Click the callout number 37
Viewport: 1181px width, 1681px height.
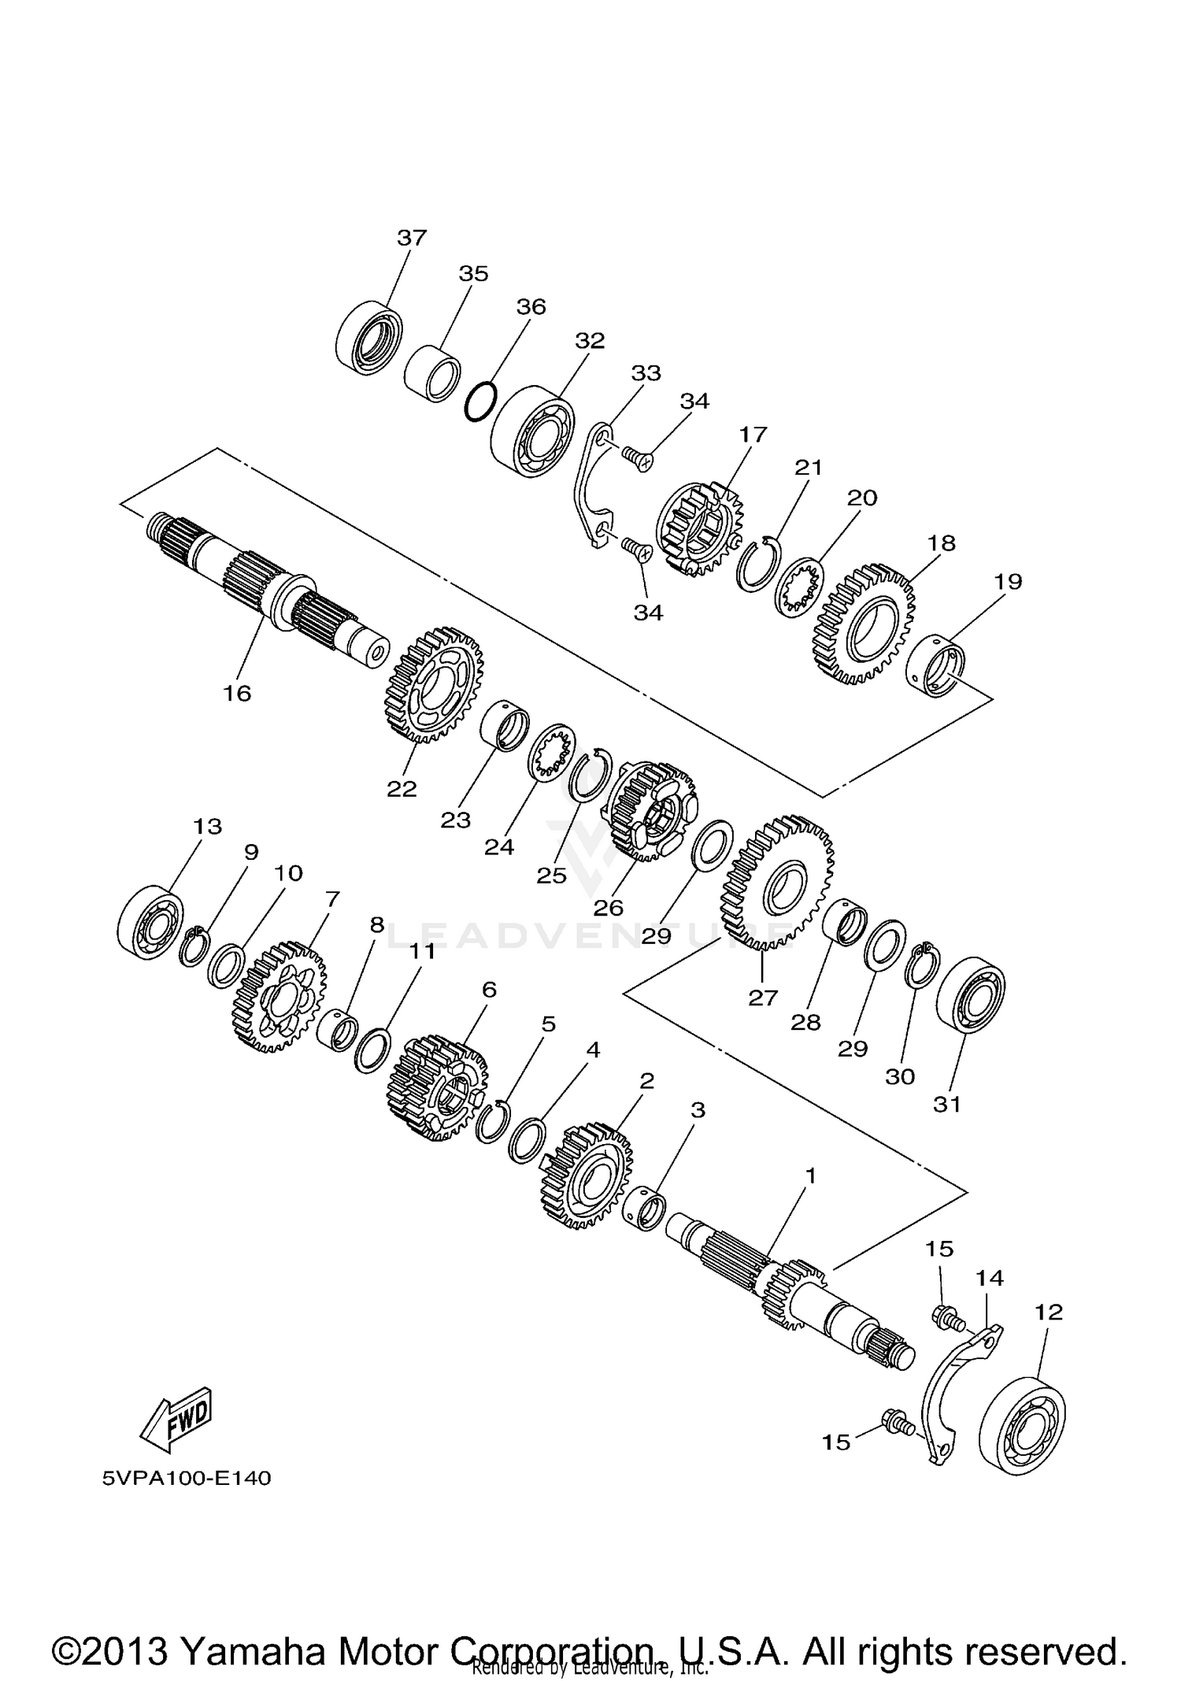point(411,237)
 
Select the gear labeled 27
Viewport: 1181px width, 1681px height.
point(776,881)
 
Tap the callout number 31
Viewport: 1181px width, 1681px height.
point(947,1104)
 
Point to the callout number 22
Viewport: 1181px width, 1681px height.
point(402,788)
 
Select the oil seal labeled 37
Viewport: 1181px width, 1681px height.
point(367,337)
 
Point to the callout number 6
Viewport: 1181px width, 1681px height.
point(489,990)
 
